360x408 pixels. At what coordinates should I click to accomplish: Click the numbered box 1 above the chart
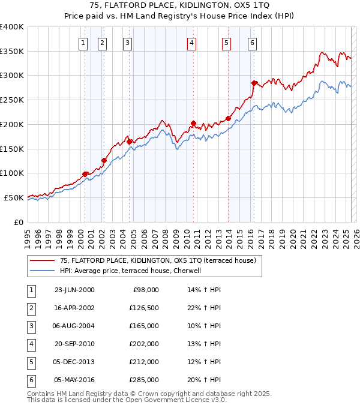(82, 43)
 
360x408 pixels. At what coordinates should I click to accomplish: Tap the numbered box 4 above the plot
(191, 43)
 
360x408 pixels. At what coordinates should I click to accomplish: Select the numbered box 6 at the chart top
(252, 43)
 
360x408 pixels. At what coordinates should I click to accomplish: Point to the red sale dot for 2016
(254, 83)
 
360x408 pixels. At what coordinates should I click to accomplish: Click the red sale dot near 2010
(194, 124)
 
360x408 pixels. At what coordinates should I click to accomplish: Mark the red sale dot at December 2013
(228, 118)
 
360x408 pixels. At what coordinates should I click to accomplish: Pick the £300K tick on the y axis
(12, 76)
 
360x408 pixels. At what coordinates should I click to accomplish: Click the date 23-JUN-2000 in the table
(74, 290)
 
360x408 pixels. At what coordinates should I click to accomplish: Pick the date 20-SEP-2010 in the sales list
(74, 344)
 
